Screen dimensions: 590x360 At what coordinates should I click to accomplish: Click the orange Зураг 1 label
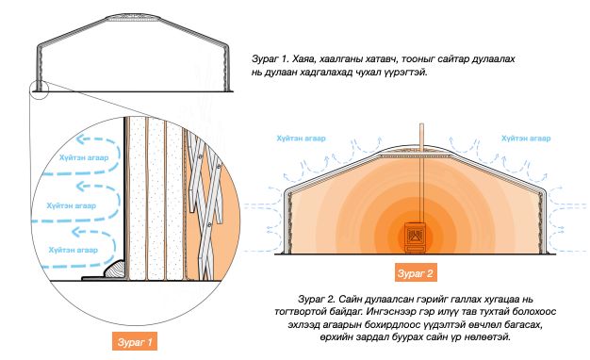pyautogui.click(x=135, y=342)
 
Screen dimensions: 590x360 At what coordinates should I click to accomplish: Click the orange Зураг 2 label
pyautogui.click(x=416, y=272)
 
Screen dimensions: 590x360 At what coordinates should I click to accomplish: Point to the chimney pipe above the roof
pyautogui.click(x=422, y=138)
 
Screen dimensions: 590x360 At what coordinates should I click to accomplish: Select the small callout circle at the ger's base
pyautogui.click(x=39, y=90)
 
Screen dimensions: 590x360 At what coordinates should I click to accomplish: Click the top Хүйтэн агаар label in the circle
pyautogui.click(x=84, y=157)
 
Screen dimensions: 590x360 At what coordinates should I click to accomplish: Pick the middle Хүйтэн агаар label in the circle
pyautogui.click(x=71, y=205)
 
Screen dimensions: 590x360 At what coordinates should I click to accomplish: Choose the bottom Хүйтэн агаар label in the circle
pyautogui.click(x=73, y=250)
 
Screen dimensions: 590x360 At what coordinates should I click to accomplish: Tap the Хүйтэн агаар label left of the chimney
pyautogui.click(x=301, y=139)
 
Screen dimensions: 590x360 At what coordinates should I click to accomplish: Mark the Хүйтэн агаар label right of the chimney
pyautogui.click(x=526, y=139)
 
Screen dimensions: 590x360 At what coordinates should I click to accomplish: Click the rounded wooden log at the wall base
pyautogui.click(x=116, y=269)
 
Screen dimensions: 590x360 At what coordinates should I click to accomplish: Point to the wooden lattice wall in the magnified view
pyautogui.click(x=204, y=204)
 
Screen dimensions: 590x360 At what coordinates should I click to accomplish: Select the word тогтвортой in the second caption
pyautogui.click(x=299, y=312)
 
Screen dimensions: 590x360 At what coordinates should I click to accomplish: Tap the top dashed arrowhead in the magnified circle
pyautogui.click(x=80, y=139)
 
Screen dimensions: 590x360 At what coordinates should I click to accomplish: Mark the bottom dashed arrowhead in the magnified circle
pyautogui.click(x=76, y=232)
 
